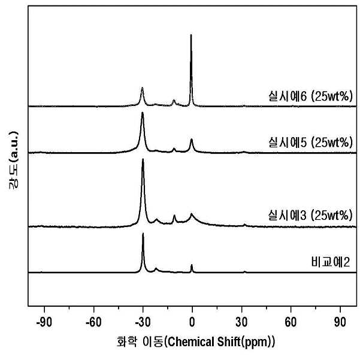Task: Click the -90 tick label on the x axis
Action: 44,322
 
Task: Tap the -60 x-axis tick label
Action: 93,322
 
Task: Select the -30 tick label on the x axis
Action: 143,322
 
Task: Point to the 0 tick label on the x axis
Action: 192,322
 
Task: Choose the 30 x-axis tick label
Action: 241,322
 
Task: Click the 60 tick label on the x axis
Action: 291,322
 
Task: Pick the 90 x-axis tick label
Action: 340,322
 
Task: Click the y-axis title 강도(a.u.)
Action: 13,160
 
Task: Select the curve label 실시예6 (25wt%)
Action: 310,96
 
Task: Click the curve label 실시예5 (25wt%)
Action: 310,143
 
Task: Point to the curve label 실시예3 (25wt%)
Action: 310,216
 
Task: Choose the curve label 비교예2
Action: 331,262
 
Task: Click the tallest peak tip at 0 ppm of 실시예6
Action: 191,35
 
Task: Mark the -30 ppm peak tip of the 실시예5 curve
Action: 143,112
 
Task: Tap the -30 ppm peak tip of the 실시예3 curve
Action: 143,159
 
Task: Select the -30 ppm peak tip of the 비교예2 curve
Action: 143,233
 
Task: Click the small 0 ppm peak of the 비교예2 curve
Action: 192,265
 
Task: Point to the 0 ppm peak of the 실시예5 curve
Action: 192,139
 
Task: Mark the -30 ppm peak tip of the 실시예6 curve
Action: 142,87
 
